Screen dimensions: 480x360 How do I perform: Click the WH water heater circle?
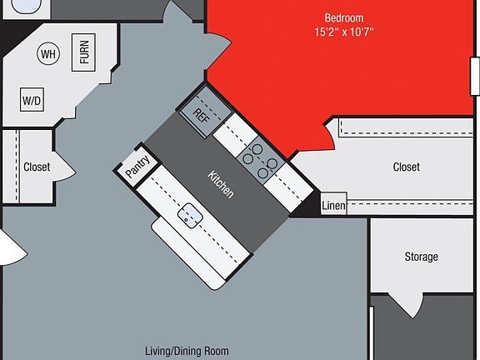click(x=48, y=53)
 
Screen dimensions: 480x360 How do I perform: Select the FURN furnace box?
click(x=83, y=52)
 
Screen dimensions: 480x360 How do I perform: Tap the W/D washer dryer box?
click(x=32, y=99)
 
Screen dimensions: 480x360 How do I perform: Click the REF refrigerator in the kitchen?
click(x=205, y=113)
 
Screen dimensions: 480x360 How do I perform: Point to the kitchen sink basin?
click(x=190, y=216)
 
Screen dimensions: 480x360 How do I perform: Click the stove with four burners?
click(x=261, y=160)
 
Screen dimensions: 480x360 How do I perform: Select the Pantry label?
click(x=137, y=167)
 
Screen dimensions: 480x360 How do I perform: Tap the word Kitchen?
click(x=221, y=184)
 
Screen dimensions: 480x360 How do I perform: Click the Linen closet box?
click(x=333, y=204)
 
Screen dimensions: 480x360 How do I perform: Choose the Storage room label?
click(x=421, y=257)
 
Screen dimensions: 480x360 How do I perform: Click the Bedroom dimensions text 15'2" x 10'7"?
click(x=344, y=32)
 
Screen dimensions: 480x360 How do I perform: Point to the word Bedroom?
click(x=344, y=17)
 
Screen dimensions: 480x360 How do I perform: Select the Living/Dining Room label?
click(x=187, y=351)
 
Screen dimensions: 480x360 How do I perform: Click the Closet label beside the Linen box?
click(x=406, y=167)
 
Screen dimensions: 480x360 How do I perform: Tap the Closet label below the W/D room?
click(x=37, y=167)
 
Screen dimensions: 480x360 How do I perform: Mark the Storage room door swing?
click(x=407, y=306)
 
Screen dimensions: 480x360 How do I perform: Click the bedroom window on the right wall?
click(x=475, y=76)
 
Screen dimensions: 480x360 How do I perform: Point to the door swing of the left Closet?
click(x=65, y=166)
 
